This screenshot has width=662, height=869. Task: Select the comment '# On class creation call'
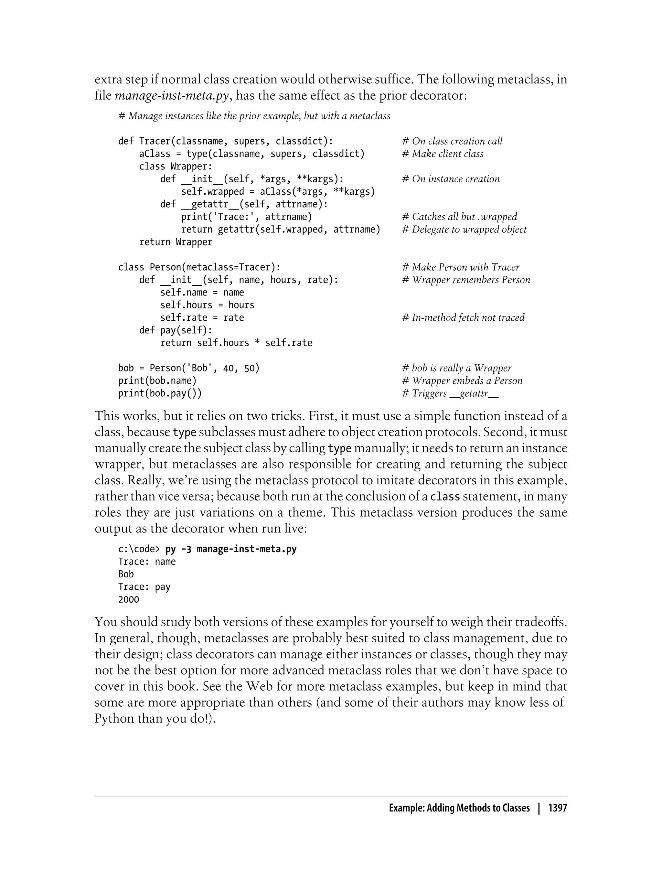(x=452, y=141)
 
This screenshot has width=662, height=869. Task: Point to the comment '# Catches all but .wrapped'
(x=459, y=217)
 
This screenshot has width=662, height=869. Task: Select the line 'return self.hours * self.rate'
(x=236, y=343)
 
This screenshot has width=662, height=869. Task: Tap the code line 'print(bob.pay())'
(x=160, y=393)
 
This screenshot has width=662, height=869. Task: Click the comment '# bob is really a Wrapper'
(x=456, y=368)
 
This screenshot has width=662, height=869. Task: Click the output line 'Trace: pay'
(x=144, y=587)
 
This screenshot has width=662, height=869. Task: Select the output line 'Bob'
(x=126, y=574)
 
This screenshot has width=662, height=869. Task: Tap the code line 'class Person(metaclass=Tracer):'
(x=199, y=267)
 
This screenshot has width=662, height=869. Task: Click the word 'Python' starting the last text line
(x=114, y=718)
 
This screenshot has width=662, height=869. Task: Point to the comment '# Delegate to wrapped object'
(x=464, y=229)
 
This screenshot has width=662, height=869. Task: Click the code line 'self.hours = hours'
(x=207, y=305)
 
